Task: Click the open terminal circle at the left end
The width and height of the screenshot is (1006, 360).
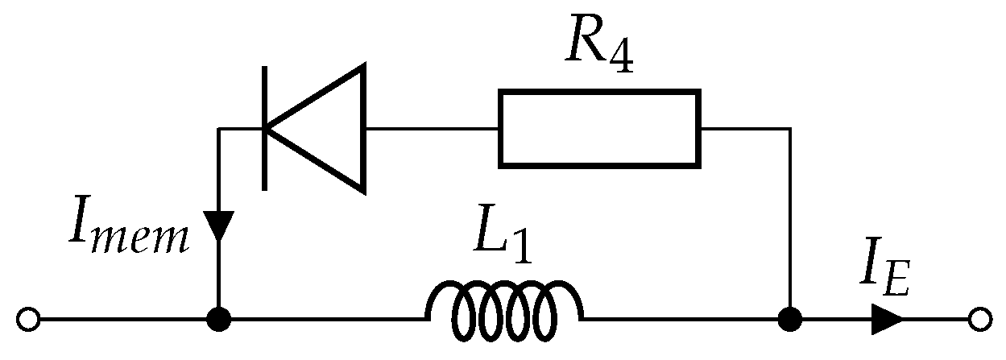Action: pos(28,320)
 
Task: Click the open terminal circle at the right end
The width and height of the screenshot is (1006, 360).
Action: pos(979,320)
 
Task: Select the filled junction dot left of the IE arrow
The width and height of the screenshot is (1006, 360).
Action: pos(790,320)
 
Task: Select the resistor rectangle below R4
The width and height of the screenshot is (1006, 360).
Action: pos(599,129)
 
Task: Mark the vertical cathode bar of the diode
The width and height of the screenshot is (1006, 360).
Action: pos(264,129)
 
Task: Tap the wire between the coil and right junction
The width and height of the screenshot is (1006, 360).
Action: pos(685,320)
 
